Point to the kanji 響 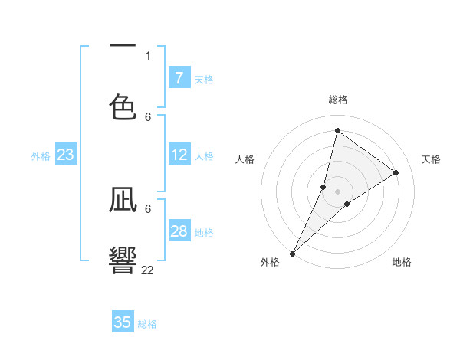coord(123,259)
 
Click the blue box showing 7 coord(179,77)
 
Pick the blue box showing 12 coord(179,155)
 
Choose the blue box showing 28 coord(179,231)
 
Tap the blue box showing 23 coord(65,155)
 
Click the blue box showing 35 coord(123,322)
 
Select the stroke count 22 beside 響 coord(147,270)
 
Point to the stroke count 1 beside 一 coord(148,55)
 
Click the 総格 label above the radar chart coord(338,100)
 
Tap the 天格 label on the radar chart coord(431,159)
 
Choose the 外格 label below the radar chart coord(270,262)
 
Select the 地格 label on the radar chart coord(402,262)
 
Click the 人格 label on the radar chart coord(245,159)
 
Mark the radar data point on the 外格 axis coord(292,253)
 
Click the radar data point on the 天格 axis coord(396,172)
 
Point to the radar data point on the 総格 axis coord(337,130)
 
